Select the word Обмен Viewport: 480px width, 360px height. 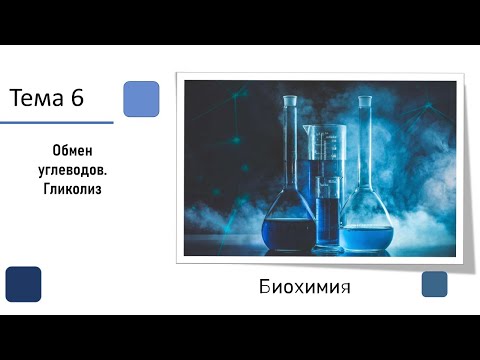tap(70, 149)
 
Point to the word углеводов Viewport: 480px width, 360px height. tap(70, 169)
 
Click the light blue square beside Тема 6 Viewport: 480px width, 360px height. tap(141, 99)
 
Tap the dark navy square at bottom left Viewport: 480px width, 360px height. tap(23, 284)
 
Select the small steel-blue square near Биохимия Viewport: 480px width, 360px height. tap(434, 284)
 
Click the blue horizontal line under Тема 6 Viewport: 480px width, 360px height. tap(56, 122)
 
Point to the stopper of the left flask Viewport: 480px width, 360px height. tap(289, 101)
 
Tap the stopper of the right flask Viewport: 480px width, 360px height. tap(365, 102)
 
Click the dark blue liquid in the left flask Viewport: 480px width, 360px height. tap(288, 233)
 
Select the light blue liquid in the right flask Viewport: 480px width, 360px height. tap(366, 237)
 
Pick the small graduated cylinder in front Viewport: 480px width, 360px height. tap(328, 210)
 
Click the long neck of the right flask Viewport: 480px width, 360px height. tap(365, 150)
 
